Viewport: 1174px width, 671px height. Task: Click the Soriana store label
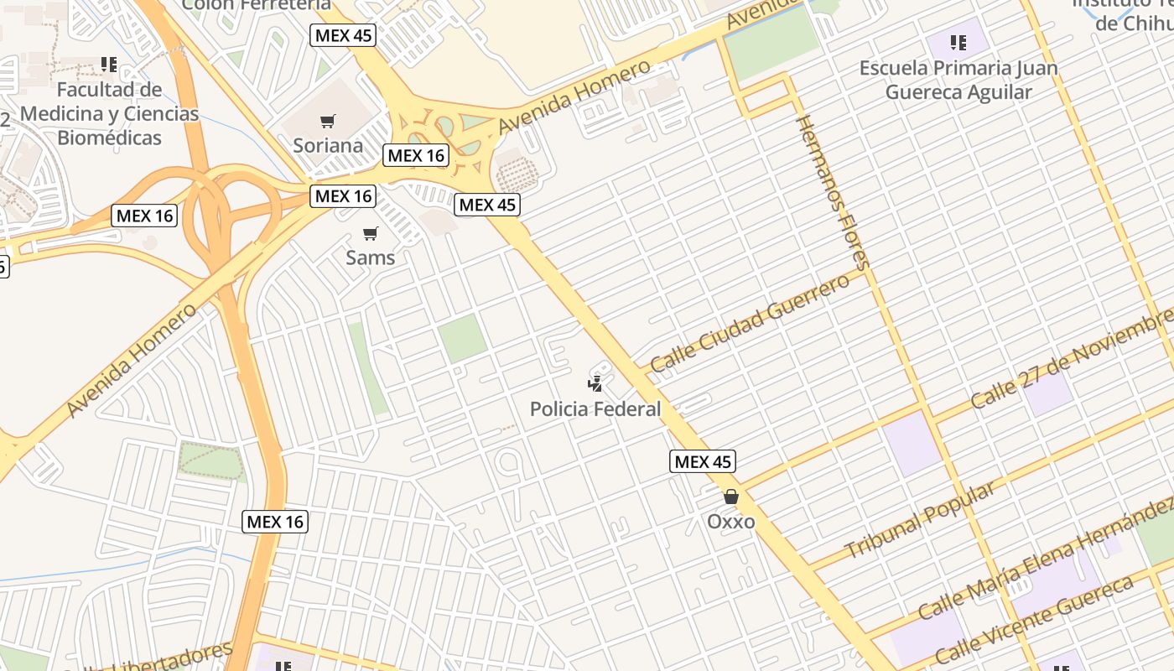(328, 145)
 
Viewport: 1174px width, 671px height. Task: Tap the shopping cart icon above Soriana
(328, 122)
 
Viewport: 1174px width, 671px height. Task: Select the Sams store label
(370, 257)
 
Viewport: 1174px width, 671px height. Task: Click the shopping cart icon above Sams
(370, 233)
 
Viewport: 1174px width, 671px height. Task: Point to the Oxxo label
(730, 522)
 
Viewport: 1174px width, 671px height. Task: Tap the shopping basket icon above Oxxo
(731, 497)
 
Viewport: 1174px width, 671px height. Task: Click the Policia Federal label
(595, 409)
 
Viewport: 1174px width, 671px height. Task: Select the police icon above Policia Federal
(595, 384)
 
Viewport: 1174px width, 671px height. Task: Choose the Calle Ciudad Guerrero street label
(750, 324)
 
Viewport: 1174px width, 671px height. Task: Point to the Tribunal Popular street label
(921, 520)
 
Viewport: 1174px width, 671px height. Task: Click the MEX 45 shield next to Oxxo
(703, 461)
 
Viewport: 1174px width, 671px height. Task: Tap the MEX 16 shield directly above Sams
(342, 196)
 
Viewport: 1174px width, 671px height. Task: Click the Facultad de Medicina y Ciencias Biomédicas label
(109, 113)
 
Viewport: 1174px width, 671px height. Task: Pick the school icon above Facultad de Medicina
(108, 64)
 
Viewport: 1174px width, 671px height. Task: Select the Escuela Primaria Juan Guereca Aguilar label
(958, 80)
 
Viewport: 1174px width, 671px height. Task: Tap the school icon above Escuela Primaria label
(958, 42)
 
